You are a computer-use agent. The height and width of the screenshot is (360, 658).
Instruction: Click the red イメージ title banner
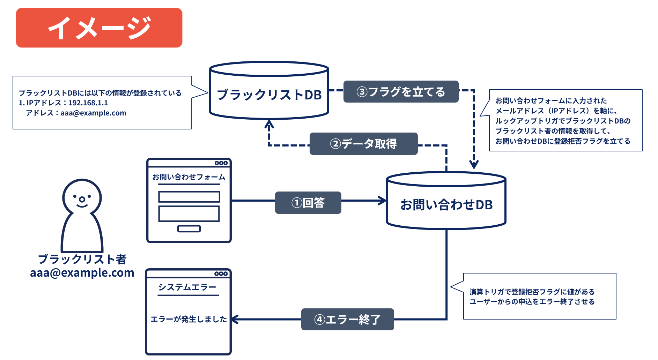(99, 28)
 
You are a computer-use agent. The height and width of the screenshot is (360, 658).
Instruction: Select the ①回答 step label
(308, 203)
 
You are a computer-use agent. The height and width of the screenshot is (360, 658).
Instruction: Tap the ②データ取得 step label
(363, 144)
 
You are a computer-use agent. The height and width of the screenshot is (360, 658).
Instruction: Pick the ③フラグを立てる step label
(401, 92)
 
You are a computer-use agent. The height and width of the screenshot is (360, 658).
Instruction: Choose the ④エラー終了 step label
(347, 319)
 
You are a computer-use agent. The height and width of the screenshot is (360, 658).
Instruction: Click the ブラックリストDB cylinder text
(269, 95)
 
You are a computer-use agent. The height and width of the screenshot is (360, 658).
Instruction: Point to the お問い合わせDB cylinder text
(446, 205)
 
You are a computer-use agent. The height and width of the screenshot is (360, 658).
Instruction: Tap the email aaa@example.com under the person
(82, 273)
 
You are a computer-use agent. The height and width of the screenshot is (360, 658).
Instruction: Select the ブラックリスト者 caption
(82, 259)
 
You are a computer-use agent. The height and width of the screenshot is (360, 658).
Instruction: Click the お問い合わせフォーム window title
(189, 177)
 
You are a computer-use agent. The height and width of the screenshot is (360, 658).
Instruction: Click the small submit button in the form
(189, 229)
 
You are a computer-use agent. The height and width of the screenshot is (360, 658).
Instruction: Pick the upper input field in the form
(189, 197)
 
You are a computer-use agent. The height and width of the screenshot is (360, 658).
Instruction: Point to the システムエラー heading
(187, 287)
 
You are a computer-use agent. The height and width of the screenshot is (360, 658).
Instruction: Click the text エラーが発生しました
(188, 319)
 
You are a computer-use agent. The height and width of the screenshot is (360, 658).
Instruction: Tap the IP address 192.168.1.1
(88, 103)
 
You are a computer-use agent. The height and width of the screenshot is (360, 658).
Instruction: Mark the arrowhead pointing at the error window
(235, 319)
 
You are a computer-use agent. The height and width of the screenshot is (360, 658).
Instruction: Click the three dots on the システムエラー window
(221, 274)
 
